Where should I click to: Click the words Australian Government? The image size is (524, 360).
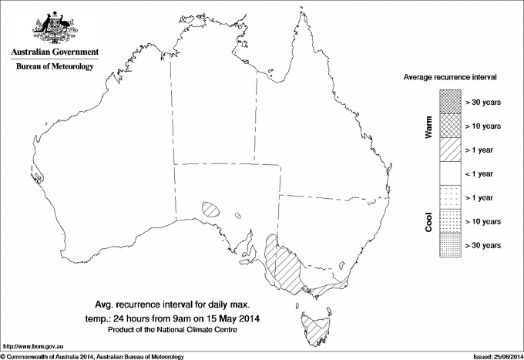[54, 52]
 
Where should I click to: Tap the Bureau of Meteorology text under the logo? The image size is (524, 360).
[54, 67]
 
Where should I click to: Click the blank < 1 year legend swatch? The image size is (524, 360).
[449, 173]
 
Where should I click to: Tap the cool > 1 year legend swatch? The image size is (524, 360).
[449, 197]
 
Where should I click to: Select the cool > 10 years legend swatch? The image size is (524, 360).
[449, 221]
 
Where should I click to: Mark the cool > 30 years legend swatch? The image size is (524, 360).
[449, 245]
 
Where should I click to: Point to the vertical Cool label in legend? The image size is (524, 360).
[428, 221]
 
